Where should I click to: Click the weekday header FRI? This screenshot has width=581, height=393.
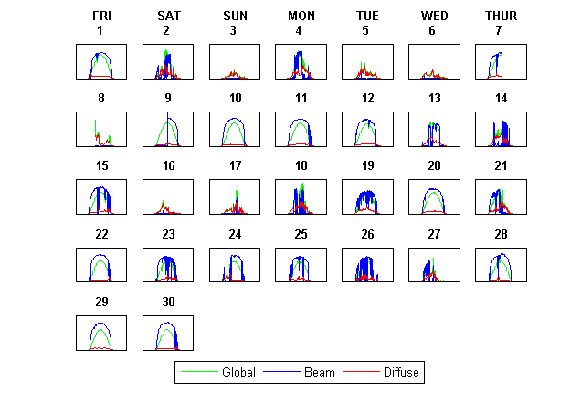point(100,16)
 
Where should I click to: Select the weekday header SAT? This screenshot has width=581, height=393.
point(168,16)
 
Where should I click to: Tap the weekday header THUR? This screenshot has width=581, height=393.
point(501,16)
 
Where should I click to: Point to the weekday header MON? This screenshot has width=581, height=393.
point(301,16)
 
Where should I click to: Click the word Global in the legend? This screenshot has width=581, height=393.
point(238,373)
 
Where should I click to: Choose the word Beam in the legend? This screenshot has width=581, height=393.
point(320,373)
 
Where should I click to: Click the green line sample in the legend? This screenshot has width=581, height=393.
point(200,373)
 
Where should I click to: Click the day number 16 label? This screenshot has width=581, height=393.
point(168,165)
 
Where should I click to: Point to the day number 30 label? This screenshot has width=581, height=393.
point(168,302)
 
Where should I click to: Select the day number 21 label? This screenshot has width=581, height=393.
point(501,165)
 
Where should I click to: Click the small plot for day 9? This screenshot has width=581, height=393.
point(168,129)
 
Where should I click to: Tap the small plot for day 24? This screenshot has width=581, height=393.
point(235,265)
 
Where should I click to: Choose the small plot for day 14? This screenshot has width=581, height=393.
point(501,129)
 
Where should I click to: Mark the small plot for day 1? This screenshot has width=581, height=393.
point(100,61)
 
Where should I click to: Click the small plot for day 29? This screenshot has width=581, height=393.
point(100,333)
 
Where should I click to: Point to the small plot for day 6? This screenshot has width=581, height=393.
point(434,61)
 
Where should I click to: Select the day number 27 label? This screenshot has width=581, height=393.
point(434,234)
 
